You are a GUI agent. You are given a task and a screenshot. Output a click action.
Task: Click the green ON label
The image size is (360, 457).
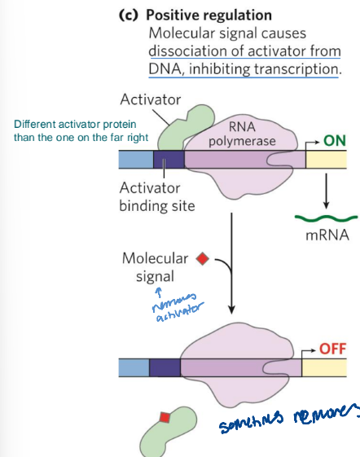click(x=335, y=140)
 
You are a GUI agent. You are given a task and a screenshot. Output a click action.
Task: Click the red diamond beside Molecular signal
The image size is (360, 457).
click(x=203, y=259)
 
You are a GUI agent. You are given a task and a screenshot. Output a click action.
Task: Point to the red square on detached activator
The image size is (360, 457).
click(x=165, y=418)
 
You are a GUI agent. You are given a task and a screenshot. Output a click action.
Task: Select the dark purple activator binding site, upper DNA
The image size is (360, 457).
click(x=169, y=160)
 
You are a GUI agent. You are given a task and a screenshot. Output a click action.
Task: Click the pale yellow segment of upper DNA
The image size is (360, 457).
click(x=327, y=160)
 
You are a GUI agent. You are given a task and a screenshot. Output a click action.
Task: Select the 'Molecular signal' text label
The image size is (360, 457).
click(x=155, y=267)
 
